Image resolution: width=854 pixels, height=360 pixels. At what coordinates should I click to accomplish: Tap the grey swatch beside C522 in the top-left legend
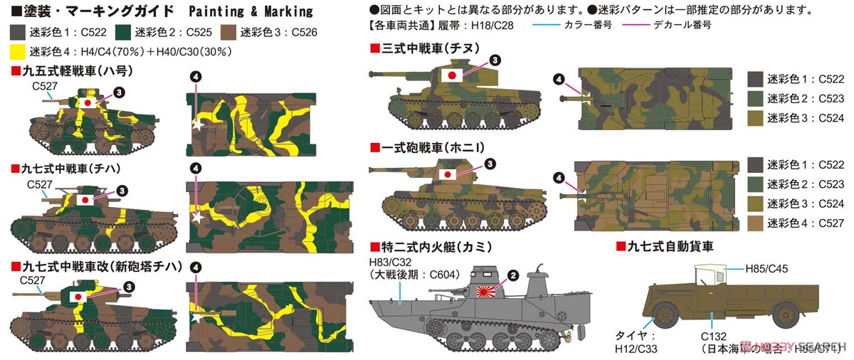[16, 32]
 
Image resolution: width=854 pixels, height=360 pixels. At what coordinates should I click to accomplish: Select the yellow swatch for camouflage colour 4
[16, 52]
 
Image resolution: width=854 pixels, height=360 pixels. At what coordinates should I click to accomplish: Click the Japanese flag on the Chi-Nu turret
[450, 74]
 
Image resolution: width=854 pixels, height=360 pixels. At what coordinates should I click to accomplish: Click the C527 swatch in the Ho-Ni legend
[755, 223]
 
